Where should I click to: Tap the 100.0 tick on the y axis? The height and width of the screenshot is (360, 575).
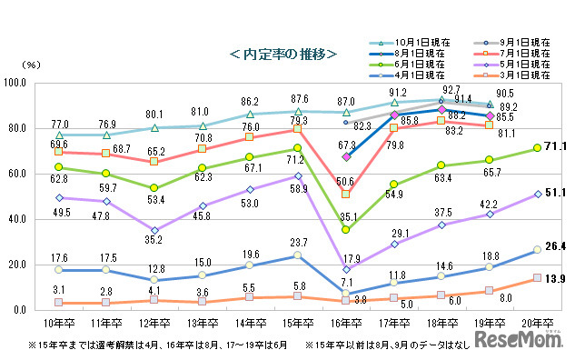(38, 83)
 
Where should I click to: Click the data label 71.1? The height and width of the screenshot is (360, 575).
(556, 146)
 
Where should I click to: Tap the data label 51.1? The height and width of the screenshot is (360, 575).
(556, 193)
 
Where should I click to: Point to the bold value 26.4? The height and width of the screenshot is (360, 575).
(556, 245)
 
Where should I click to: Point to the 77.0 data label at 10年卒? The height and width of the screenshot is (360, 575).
(60, 123)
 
